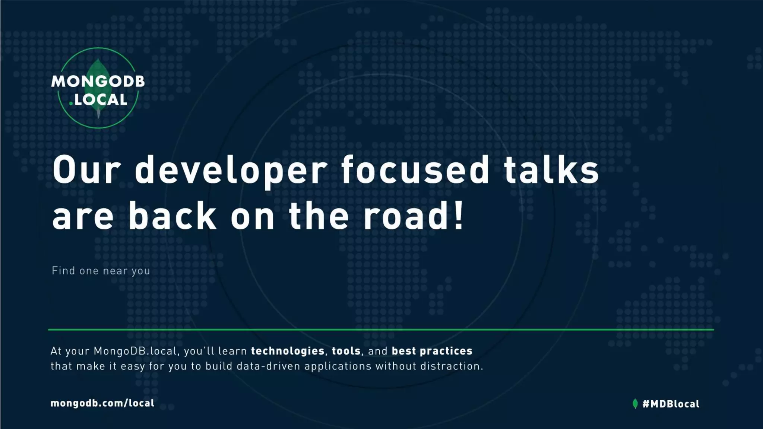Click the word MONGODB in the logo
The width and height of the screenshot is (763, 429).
[98, 81]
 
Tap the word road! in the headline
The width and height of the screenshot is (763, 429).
[414, 216]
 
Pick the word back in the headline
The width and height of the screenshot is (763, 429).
[172, 216]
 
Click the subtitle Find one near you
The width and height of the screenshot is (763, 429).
[101, 271]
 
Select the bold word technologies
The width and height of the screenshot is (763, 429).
[288, 351]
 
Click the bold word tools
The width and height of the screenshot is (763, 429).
[346, 351]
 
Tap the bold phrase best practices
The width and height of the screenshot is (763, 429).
[432, 351]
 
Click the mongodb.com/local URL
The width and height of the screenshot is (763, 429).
[102, 403]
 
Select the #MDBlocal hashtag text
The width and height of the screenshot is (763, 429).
[671, 404]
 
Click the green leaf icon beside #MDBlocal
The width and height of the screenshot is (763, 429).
[635, 404]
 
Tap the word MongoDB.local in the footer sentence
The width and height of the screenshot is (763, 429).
[135, 351]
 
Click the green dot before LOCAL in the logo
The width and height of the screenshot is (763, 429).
[71, 103]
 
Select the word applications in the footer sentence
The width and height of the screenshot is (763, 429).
[338, 366]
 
